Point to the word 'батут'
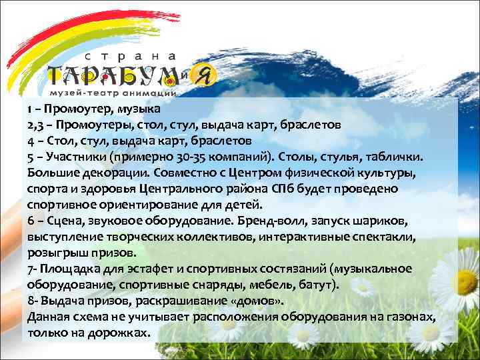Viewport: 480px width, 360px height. [x=321, y=285]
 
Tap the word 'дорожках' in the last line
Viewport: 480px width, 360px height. [x=117, y=333]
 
